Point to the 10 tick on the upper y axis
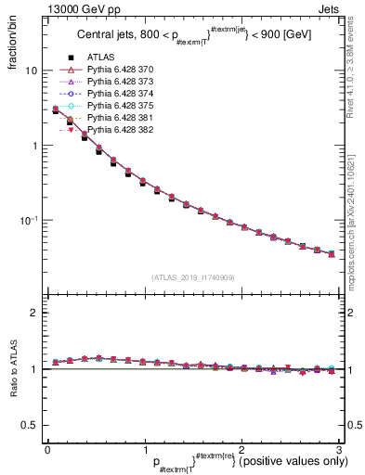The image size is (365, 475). [x=31, y=71]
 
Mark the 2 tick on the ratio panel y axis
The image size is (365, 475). [x=33, y=313]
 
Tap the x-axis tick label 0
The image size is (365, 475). [x=47, y=448]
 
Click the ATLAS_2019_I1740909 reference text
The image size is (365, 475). [x=191, y=277]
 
